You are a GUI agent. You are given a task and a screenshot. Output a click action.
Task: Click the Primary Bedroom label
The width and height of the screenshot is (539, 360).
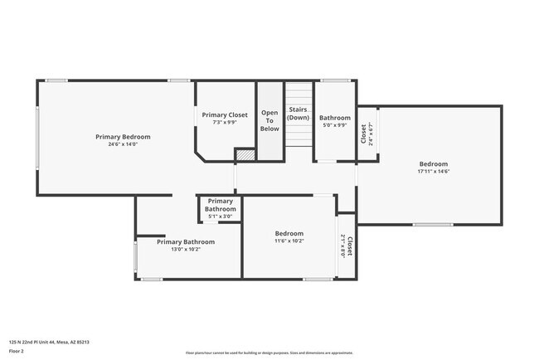pos(123,137)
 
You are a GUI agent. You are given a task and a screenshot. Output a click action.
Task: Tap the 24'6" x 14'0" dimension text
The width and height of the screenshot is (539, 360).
pos(123,144)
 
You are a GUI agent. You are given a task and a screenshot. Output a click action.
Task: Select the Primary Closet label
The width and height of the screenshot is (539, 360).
pos(225,114)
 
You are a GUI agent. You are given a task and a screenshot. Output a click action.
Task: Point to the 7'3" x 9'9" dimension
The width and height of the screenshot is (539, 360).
pos(225,122)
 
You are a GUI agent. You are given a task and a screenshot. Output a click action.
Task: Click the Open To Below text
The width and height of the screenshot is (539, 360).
pos(269,120)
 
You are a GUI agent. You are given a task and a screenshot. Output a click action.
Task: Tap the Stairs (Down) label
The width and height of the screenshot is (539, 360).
pos(299,114)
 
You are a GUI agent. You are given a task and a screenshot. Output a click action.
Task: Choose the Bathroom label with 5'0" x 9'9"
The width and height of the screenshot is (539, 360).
pos(335,118)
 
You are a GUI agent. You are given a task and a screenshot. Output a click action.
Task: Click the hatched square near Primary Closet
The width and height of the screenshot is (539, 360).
pos(245,153)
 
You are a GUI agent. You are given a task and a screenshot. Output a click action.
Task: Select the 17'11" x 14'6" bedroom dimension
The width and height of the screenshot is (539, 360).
pos(433,172)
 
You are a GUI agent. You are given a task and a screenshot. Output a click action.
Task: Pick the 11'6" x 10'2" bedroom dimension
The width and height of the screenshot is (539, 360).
pos(289,241)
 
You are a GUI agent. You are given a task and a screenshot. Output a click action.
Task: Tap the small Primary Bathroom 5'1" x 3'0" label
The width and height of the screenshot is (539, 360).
pos(221,205)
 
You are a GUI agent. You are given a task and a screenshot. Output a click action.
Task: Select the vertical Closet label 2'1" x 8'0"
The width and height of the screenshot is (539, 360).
pos(347,246)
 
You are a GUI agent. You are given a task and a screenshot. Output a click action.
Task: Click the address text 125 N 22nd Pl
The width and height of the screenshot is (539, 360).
pos(49,342)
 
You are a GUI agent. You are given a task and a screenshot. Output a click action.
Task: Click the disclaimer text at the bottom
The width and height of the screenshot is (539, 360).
pos(269,353)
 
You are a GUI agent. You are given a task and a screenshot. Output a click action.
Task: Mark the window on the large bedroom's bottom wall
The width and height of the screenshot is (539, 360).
pos(433,224)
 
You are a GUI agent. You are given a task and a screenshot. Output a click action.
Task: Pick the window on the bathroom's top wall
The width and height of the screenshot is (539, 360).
pos(336,80)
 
